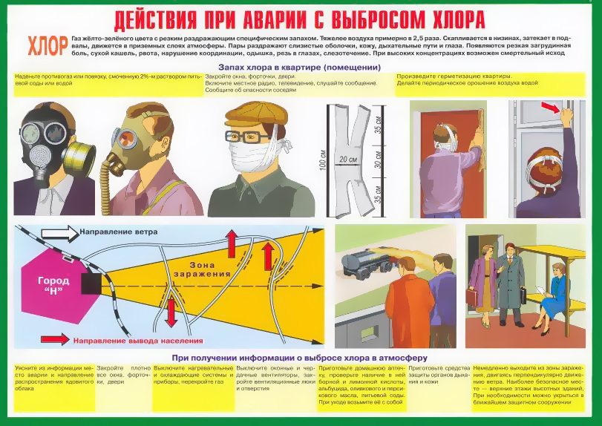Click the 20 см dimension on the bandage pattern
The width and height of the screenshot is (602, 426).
[x=348, y=160]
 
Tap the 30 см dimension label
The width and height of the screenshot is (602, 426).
[x=379, y=159]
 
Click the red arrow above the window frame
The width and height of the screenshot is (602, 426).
[x=549, y=108]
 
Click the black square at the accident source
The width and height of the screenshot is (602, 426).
[x=92, y=283]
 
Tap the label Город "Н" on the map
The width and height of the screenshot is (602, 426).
[x=53, y=286]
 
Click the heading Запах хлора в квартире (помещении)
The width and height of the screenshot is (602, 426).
[x=305, y=68]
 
